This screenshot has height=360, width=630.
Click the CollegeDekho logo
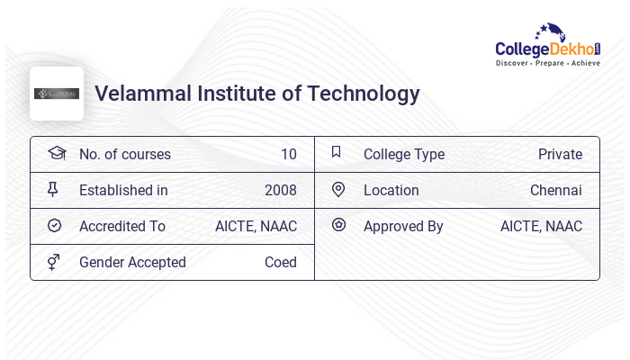[548, 45]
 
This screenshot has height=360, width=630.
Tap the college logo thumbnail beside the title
[57, 94]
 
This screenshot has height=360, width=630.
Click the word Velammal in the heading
[138, 94]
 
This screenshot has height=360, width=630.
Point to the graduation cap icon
[56, 153]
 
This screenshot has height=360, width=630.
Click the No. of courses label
[124, 154]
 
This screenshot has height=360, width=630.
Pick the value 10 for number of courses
[288, 154]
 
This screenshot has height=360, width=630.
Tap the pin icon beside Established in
[53, 190]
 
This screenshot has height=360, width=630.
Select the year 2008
[280, 190]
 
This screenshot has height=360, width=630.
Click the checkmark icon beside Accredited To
[54, 226]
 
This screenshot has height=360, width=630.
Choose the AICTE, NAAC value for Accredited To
[256, 226]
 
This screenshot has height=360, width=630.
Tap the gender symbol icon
[54, 262]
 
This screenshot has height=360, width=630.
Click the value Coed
[280, 262]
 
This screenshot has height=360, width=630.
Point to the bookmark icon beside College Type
[337, 153]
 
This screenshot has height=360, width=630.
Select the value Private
[560, 154]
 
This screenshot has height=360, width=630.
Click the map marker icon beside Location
[338, 190]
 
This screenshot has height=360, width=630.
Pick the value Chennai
[555, 190]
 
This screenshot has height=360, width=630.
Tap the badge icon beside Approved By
[338, 225]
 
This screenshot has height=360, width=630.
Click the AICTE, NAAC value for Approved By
[541, 226]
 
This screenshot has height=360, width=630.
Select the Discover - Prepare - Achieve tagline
[548, 64]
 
